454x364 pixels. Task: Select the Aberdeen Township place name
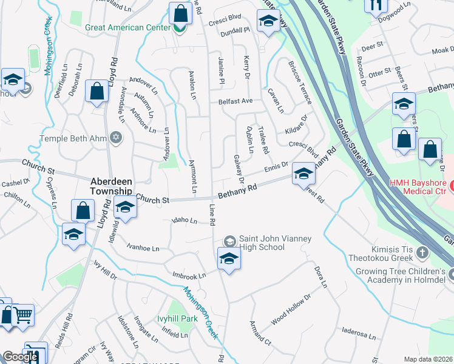112,186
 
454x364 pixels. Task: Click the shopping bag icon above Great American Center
181,13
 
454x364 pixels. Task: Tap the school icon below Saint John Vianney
229,259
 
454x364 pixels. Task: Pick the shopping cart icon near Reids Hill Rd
23,314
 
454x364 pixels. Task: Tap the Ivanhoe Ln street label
143,248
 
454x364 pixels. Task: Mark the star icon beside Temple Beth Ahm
117,138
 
